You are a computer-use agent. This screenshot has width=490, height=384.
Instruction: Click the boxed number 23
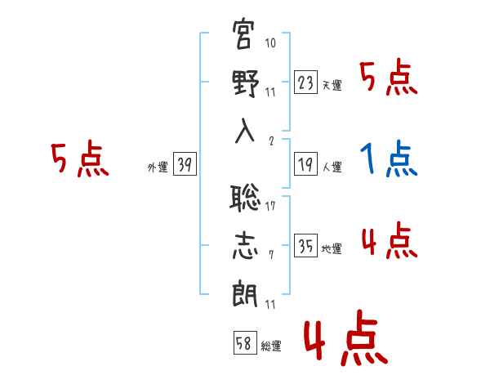point(305,82)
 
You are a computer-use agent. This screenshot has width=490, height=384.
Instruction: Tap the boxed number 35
point(305,245)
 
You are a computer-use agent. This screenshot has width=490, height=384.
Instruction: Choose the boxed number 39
point(184,165)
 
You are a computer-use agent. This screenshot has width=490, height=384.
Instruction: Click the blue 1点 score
point(389,160)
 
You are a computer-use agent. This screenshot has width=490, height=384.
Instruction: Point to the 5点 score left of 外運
point(78,160)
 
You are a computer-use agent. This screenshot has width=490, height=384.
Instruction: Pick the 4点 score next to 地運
point(389,242)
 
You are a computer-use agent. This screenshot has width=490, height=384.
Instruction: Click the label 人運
point(332,167)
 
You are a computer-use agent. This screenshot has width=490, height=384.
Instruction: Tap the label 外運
point(158,167)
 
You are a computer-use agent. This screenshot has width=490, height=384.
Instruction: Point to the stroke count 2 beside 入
point(270,140)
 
